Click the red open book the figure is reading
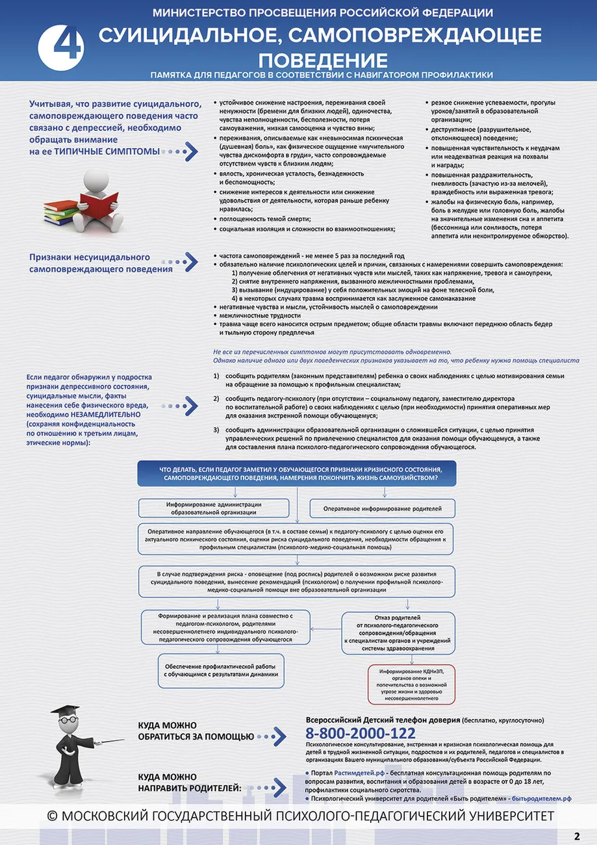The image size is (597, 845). coord(98,201)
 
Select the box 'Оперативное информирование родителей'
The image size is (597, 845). coord(382,508)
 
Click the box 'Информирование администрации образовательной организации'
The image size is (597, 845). coord(214,508)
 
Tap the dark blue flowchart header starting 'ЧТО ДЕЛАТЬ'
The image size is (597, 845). coord(298,473)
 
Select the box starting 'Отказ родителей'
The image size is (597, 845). coord(407,632)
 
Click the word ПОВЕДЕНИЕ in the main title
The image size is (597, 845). coord(323,60)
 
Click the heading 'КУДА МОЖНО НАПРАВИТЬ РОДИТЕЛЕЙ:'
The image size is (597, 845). coord(188,783)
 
